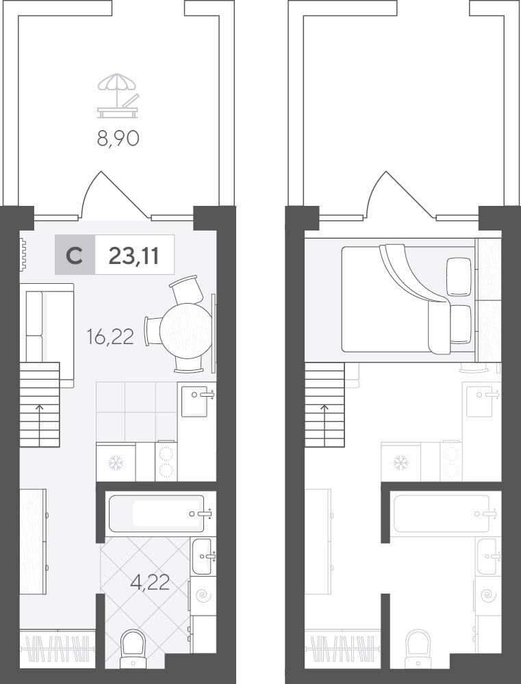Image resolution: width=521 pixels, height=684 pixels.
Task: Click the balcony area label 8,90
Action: coord(118,138)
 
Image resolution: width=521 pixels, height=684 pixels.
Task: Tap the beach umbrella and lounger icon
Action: coord(118,96)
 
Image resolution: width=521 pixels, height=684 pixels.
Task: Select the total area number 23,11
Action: coord(134,255)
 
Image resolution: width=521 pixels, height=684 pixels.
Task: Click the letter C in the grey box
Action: coord(74,256)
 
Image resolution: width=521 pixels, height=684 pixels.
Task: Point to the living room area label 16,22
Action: coord(110,337)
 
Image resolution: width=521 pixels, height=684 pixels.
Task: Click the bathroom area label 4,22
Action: coord(150,582)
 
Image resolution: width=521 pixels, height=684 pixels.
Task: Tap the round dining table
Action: coord(186,330)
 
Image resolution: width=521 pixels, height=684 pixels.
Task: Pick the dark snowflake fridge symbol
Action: coord(116,463)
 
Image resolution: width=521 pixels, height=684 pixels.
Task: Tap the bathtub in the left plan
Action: coord(156,514)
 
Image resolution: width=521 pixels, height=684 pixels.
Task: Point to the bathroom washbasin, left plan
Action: coord(203,556)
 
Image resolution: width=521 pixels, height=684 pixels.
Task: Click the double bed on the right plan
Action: coord(407,300)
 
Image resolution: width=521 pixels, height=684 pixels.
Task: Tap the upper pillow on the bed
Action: coord(459,277)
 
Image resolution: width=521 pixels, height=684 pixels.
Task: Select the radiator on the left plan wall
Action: coord(23,254)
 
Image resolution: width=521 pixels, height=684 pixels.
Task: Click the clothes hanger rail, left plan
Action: coord(58,648)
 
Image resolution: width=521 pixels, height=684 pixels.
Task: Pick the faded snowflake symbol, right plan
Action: coord(401,463)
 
